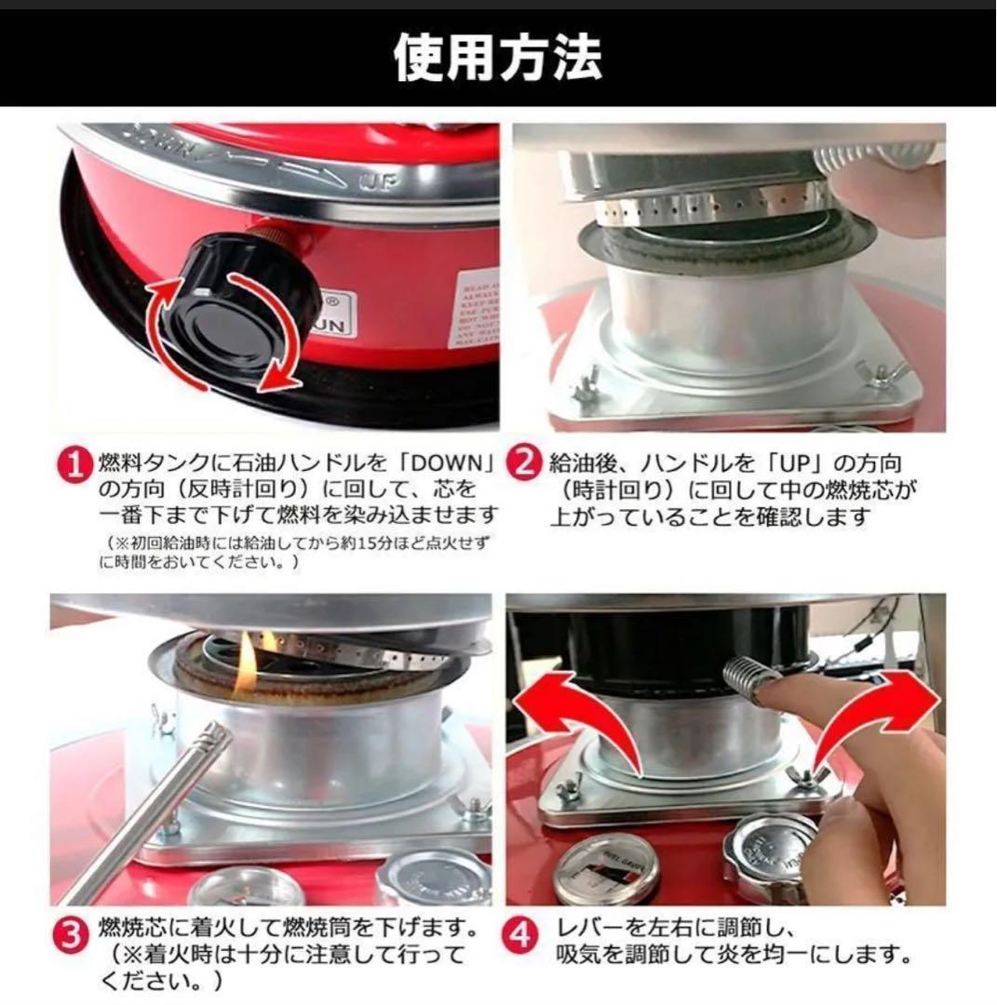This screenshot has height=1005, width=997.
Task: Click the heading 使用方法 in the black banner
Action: pos(498,58)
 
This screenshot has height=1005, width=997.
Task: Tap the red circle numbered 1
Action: pos(77,462)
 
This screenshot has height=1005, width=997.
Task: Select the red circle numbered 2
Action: pos(526,462)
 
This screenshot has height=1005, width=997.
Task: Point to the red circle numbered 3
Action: pos(77,930)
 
